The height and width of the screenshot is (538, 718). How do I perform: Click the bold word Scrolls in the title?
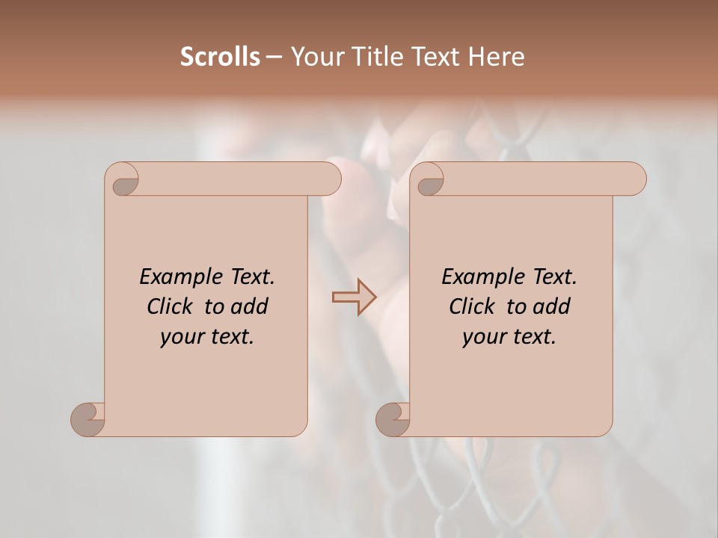pyautogui.click(x=221, y=57)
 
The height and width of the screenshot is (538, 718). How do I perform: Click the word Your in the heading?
pyautogui.click(x=315, y=57)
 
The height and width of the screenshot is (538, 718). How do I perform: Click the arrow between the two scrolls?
pyautogui.click(x=355, y=297)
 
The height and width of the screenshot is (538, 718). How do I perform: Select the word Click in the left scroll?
pyautogui.click(x=172, y=306)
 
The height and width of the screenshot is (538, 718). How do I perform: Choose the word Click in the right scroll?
pyautogui.click(x=473, y=306)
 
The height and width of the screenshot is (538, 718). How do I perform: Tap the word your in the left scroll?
pyautogui.click(x=180, y=337)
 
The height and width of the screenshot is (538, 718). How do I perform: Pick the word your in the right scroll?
pyautogui.click(x=482, y=337)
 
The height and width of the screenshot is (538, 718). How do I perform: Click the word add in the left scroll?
pyautogui.click(x=250, y=306)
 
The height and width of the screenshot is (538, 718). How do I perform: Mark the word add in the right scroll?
pyautogui.click(x=552, y=306)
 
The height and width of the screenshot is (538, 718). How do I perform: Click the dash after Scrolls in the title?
pyautogui.click(x=274, y=58)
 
